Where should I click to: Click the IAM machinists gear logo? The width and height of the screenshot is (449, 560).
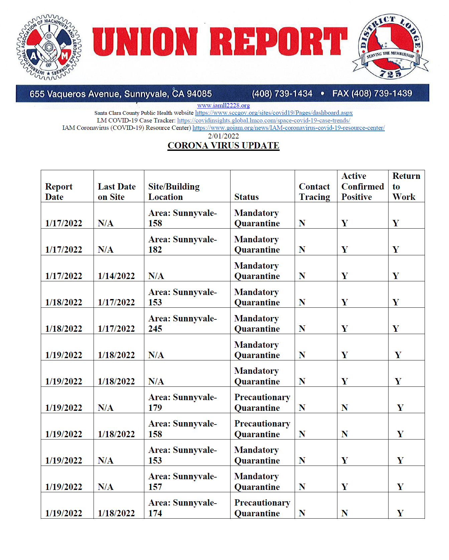pos(49,47)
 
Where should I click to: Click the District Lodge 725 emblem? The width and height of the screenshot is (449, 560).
pos(390,47)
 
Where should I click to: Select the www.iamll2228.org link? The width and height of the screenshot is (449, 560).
pos(223,105)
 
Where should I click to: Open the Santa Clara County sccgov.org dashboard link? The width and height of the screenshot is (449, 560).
pos(274,113)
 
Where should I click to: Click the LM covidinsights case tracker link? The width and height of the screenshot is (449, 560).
pos(264,120)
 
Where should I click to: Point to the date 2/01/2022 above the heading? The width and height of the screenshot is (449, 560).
pos(223,136)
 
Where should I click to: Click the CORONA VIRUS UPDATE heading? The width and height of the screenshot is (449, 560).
pos(223,146)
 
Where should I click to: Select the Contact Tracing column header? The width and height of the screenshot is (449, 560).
pos(314,192)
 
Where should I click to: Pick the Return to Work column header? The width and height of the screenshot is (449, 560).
pos(406,186)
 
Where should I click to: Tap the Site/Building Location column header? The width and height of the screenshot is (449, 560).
pos(174,192)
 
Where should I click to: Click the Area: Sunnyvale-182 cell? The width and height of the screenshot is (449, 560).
pos(182,244)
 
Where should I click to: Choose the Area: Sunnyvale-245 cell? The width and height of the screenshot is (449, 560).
pos(182,323)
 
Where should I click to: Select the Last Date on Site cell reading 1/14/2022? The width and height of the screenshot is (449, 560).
pos(116,276)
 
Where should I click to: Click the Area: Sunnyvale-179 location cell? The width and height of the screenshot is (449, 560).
pos(182,402)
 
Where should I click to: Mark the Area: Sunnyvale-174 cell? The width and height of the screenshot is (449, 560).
pos(182,508)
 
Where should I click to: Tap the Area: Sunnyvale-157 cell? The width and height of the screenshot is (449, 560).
pos(182,481)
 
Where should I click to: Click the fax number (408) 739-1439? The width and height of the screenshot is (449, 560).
pos(372,93)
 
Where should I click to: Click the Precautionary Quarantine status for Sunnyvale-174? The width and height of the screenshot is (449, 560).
pos(262,508)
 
